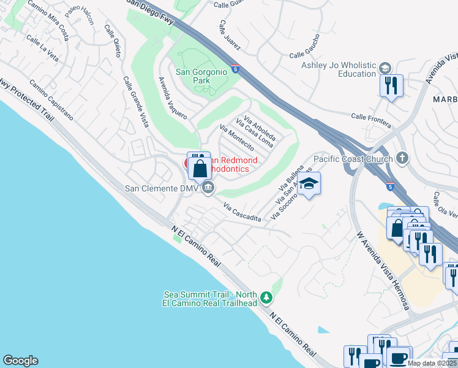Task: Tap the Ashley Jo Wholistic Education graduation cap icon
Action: [x=385, y=67]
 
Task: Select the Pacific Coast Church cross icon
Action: [x=402, y=158]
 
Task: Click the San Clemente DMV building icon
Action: [x=208, y=188]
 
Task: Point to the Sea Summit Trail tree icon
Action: [x=266, y=297]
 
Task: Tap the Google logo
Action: [x=20, y=361]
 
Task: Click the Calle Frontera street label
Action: [x=371, y=120]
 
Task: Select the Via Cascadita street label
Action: [x=242, y=213]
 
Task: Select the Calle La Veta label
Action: [x=42, y=47]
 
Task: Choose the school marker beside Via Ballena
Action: [x=310, y=184]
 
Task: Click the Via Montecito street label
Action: [x=236, y=139]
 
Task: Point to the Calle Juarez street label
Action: [x=231, y=35]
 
